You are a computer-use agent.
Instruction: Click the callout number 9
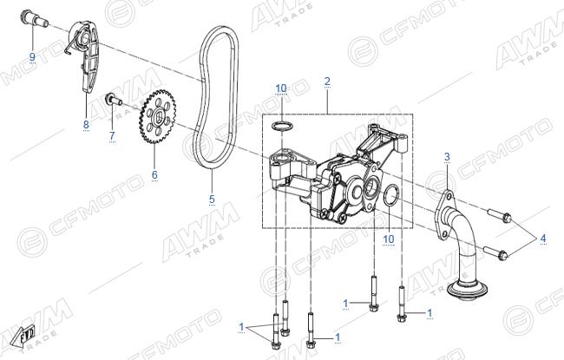pyautogui.click(x=32, y=57)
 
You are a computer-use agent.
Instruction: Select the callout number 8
pyautogui.click(x=86, y=125)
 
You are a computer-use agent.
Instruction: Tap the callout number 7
pyautogui.click(x=112, y=136)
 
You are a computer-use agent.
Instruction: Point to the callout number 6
pyautogui.click(x=154, y=174)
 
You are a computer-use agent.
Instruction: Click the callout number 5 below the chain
pyautogui.click(x=212, y=199)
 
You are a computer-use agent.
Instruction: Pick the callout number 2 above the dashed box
pyautogui.click(x=327, y=82)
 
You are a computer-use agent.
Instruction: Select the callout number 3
pyautogui.click(x=447, y=157)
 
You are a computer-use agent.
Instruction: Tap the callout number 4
pyautogui.click(x=543, y=238)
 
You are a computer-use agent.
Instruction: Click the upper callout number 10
pyautogui.click(x=281, y=88)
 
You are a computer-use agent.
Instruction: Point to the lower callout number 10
pyautogui.click(x=389, y=239)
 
